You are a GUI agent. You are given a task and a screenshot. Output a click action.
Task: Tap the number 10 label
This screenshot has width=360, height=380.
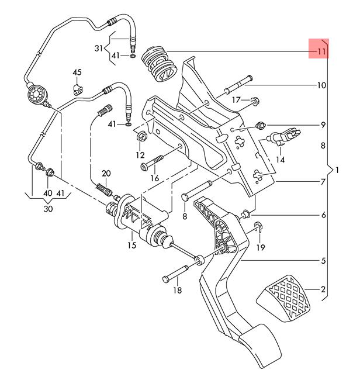coord(321,85)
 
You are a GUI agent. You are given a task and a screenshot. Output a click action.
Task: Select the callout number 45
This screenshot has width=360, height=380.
coord(77,72)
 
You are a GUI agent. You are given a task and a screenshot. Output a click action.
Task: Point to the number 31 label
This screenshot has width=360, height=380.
coord(99,49)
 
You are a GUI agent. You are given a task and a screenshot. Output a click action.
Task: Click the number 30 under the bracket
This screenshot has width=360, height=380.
coord(48,209)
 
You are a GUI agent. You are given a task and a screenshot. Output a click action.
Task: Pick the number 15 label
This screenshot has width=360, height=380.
coord(132,246)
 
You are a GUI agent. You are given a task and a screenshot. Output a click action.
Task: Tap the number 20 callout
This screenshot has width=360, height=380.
coord(106,174)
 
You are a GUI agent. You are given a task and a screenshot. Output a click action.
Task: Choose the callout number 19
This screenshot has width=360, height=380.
coord(261,247)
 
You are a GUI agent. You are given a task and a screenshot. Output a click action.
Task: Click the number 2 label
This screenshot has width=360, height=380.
coord(323,289)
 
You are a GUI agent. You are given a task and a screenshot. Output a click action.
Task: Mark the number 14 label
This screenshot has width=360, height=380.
coord(281,160)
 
